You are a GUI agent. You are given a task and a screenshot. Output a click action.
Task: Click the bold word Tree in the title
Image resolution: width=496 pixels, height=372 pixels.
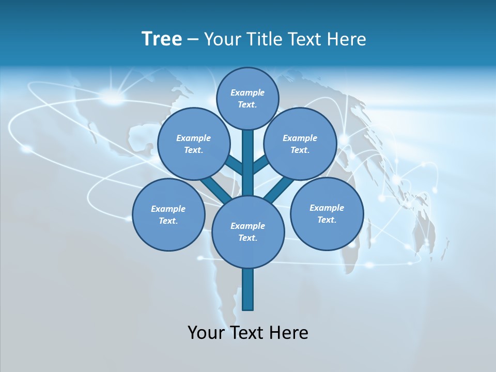pyautogui.click(x=162, y=39)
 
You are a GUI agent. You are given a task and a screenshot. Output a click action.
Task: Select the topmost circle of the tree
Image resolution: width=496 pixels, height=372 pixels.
pyautogui.click(x=247, y=98)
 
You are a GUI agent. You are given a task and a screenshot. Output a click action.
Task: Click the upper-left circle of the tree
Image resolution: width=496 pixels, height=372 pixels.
pyautogui.click(x=193, y=144)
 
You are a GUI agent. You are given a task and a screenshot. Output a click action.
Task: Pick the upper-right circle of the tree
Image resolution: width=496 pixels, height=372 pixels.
pyautogui.click(x=300, y=144)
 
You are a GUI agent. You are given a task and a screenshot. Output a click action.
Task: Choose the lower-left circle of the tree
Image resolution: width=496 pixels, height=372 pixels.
pyautogui.click(x=168, y=214)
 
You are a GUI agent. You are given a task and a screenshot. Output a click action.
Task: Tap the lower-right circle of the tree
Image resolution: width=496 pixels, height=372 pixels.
pyautogui.click(x=327, y=213)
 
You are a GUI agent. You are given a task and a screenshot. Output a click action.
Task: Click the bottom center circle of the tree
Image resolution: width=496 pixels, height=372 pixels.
pyautogui.click(x=248, y=231)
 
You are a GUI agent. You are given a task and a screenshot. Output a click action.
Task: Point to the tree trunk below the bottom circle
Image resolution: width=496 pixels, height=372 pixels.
pyautogui.click(x=248, y=289)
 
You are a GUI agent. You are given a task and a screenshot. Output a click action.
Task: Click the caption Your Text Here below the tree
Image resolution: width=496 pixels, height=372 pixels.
pyautogui.click(x=248, y=333)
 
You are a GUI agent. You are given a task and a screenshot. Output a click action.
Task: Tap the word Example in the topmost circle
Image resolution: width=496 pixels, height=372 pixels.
pyautogui.click(x=247, y=92)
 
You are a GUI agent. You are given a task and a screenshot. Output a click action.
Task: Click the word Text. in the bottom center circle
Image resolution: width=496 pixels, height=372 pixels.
pyautogui.click(x=247, y=238)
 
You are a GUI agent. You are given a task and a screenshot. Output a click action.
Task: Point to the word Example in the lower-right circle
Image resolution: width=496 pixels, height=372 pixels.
pyautogui.click(x=327, y=208)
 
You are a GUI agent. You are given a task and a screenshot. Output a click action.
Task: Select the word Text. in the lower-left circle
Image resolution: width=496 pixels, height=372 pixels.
pyautogui.click(x=168, y=221)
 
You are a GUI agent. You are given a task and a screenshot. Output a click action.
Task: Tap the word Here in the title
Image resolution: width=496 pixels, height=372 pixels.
pyautogui.click(x=348, y=39)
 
